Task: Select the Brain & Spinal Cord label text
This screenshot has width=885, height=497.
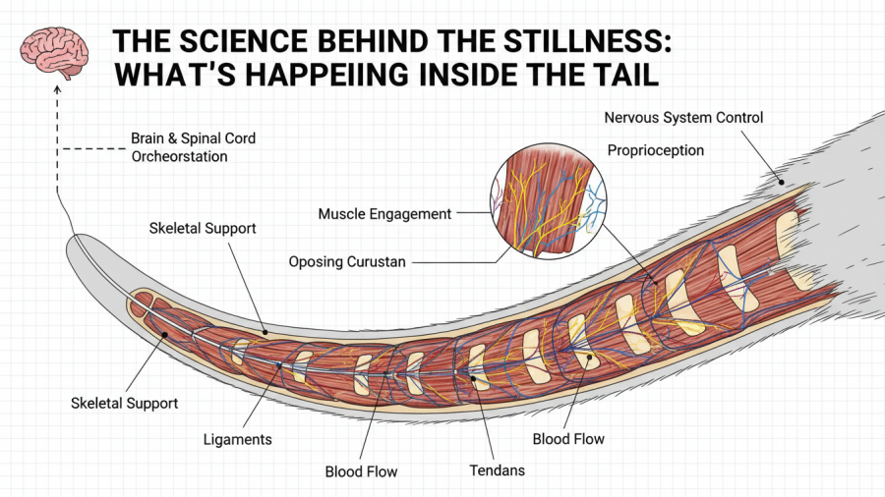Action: point(193,138)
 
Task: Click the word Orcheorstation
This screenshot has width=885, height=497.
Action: point(179,156)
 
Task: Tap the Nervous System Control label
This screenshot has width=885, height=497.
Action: point(683,118)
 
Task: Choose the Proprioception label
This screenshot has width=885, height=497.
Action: point(655,150)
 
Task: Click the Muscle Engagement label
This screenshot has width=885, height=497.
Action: point(384,213)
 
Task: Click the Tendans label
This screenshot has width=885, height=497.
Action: point(497,469)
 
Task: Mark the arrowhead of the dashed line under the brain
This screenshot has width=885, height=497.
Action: point(57,89)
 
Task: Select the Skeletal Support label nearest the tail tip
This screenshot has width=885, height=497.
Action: point(124,403)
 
